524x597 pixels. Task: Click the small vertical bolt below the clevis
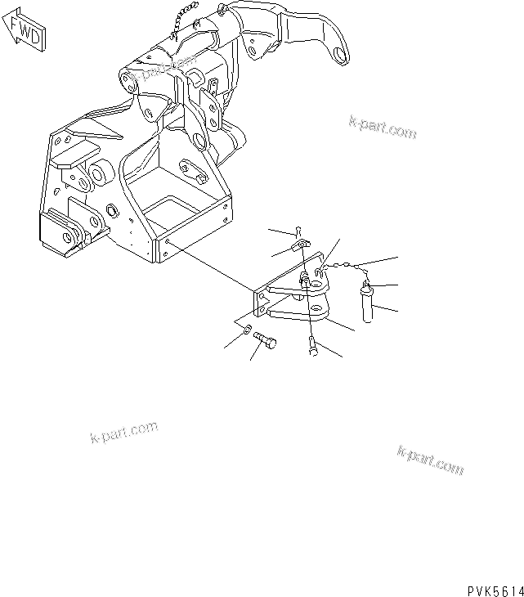(314, 348)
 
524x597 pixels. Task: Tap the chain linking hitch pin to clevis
(343, 267)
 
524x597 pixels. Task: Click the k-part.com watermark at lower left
(123, 431)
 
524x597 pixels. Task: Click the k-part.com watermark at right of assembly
(383, 126)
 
